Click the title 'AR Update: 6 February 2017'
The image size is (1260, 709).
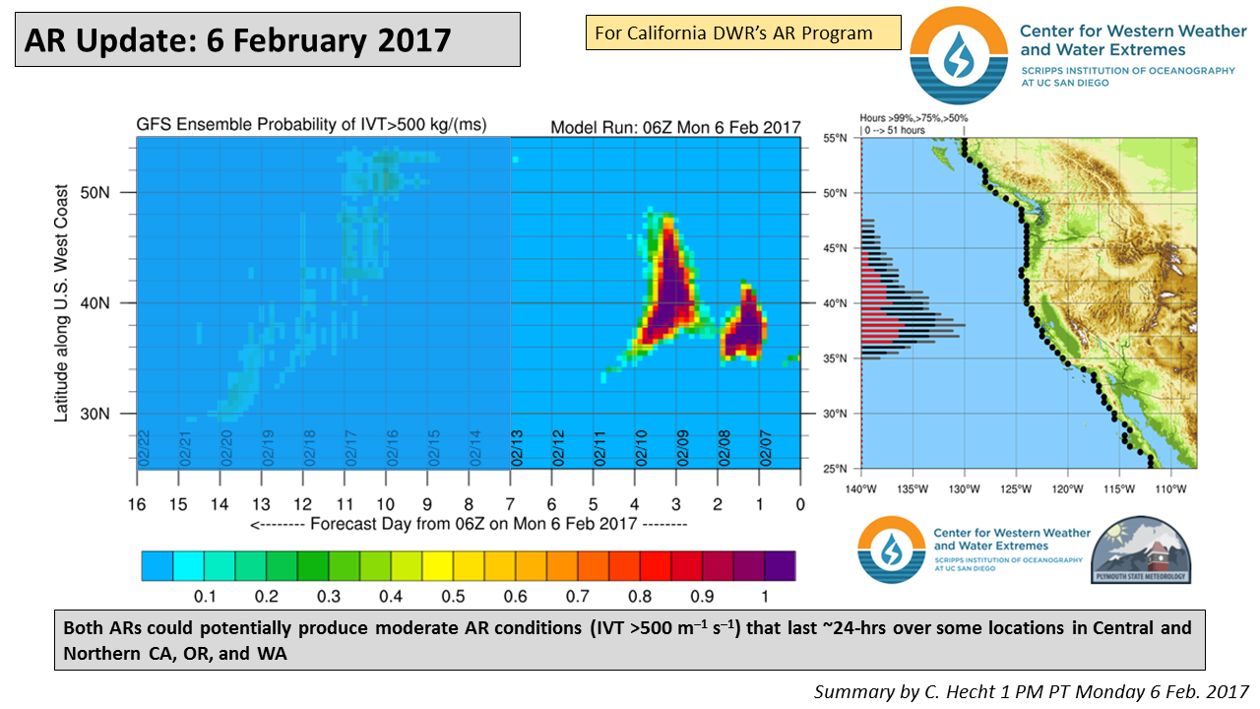tap(237, 39)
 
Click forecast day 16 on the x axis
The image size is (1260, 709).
tap(136, 504)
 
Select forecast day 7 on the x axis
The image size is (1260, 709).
tap(510, 504)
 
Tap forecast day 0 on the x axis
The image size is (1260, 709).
tap(800, 504)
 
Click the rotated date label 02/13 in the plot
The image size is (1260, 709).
tap(518, 448)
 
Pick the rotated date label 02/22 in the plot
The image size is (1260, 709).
tap(144, 448)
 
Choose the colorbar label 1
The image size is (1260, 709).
tap(764, 597)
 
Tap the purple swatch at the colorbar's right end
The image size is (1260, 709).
tap(780, 566)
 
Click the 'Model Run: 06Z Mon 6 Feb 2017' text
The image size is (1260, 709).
tap(675, 127)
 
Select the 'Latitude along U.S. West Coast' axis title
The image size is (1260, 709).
tap(61, 303)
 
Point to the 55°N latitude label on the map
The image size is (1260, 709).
tap(836, 139)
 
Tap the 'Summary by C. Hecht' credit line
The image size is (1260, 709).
tap(1031, 692)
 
